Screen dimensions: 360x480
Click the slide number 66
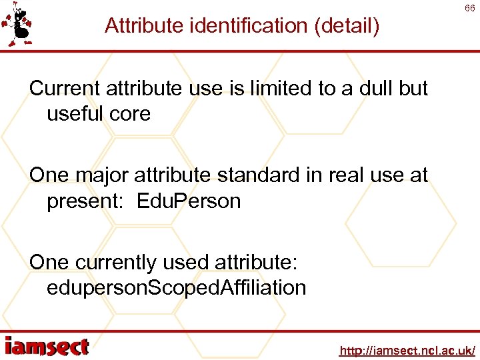[469, 9]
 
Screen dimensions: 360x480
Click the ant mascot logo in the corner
[18, 26]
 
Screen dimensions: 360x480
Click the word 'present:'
[87, 201]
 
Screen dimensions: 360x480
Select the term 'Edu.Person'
[189, 201]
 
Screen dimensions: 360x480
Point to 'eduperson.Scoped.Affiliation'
[176, 288]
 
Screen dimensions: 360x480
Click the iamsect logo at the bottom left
[47, 347]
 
